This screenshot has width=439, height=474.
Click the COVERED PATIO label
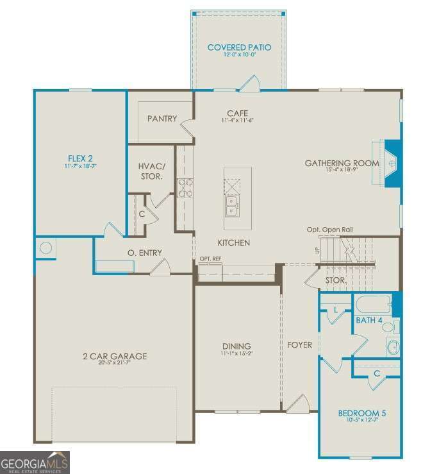point(239,47)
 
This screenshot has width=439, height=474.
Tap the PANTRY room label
point(162,119)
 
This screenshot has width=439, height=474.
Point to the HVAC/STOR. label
point(151,171)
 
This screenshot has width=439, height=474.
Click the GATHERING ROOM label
point(342,164)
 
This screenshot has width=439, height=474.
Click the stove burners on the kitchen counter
point(184,186)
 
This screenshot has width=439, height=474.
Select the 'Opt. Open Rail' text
point(329,230)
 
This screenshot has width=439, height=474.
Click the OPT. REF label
point(210,258)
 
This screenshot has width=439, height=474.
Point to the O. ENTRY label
point(145,253)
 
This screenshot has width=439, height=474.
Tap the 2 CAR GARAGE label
point(115,356)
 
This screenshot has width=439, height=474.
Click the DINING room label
point(236,346)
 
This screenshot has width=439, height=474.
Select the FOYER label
point(299,345)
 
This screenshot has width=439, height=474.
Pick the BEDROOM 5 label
point(362,413)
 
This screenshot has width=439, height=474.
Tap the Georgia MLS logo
point(35,462)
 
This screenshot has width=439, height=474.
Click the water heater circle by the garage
point(46,248)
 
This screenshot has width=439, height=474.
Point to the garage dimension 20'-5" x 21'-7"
point(115,364)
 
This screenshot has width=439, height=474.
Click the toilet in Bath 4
point(388,328)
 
